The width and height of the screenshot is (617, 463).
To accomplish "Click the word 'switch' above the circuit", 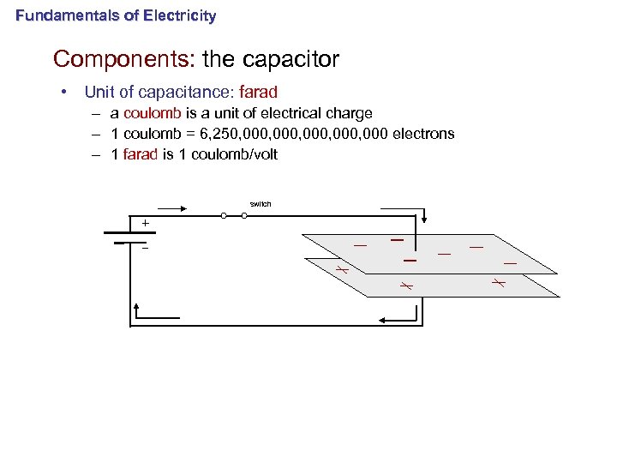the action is point(261,204).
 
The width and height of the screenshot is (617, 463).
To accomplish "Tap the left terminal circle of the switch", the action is point(224,216).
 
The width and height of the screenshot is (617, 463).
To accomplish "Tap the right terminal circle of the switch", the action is point(244,216).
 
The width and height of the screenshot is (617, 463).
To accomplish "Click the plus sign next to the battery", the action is point(145,224).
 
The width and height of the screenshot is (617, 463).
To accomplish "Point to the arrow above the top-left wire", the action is point(171,207).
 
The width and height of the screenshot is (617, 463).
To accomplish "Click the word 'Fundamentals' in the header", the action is point(57,15).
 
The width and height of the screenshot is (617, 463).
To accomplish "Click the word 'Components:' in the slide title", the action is point(124,59).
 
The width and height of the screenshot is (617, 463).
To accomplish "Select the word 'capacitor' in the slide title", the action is point(291,59).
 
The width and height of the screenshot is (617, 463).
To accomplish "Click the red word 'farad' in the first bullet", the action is point(260,92).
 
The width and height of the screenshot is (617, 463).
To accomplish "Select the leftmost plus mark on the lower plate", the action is point(340,269).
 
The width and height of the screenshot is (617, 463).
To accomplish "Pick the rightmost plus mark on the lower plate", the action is point(498,282).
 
